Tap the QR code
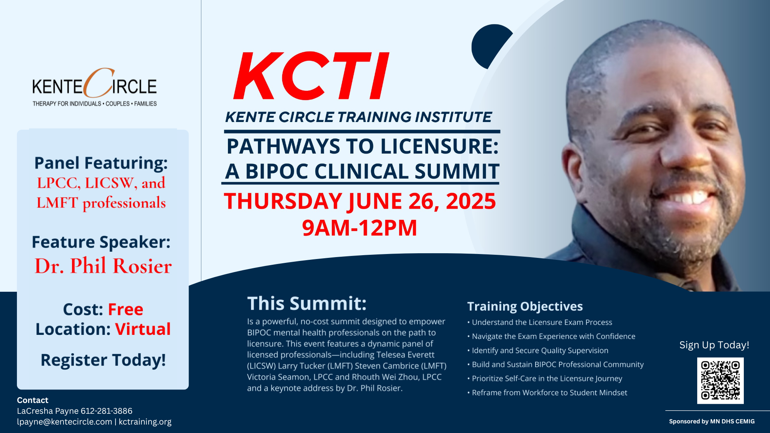click(720, 381)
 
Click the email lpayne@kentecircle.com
click(65, 422)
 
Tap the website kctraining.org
click(145, 422)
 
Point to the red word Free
click(126, 309)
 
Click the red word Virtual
click(143, 329)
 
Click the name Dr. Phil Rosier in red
click(103, 266)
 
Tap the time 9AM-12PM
click(360, 228)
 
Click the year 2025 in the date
click(471, 201)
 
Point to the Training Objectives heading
click(525, 306)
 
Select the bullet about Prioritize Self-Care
click(545, 379)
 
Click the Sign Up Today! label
click(714, 345)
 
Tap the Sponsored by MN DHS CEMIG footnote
click(712, 421)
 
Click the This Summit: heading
click(307, 304)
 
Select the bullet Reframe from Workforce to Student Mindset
click(547, 393)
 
